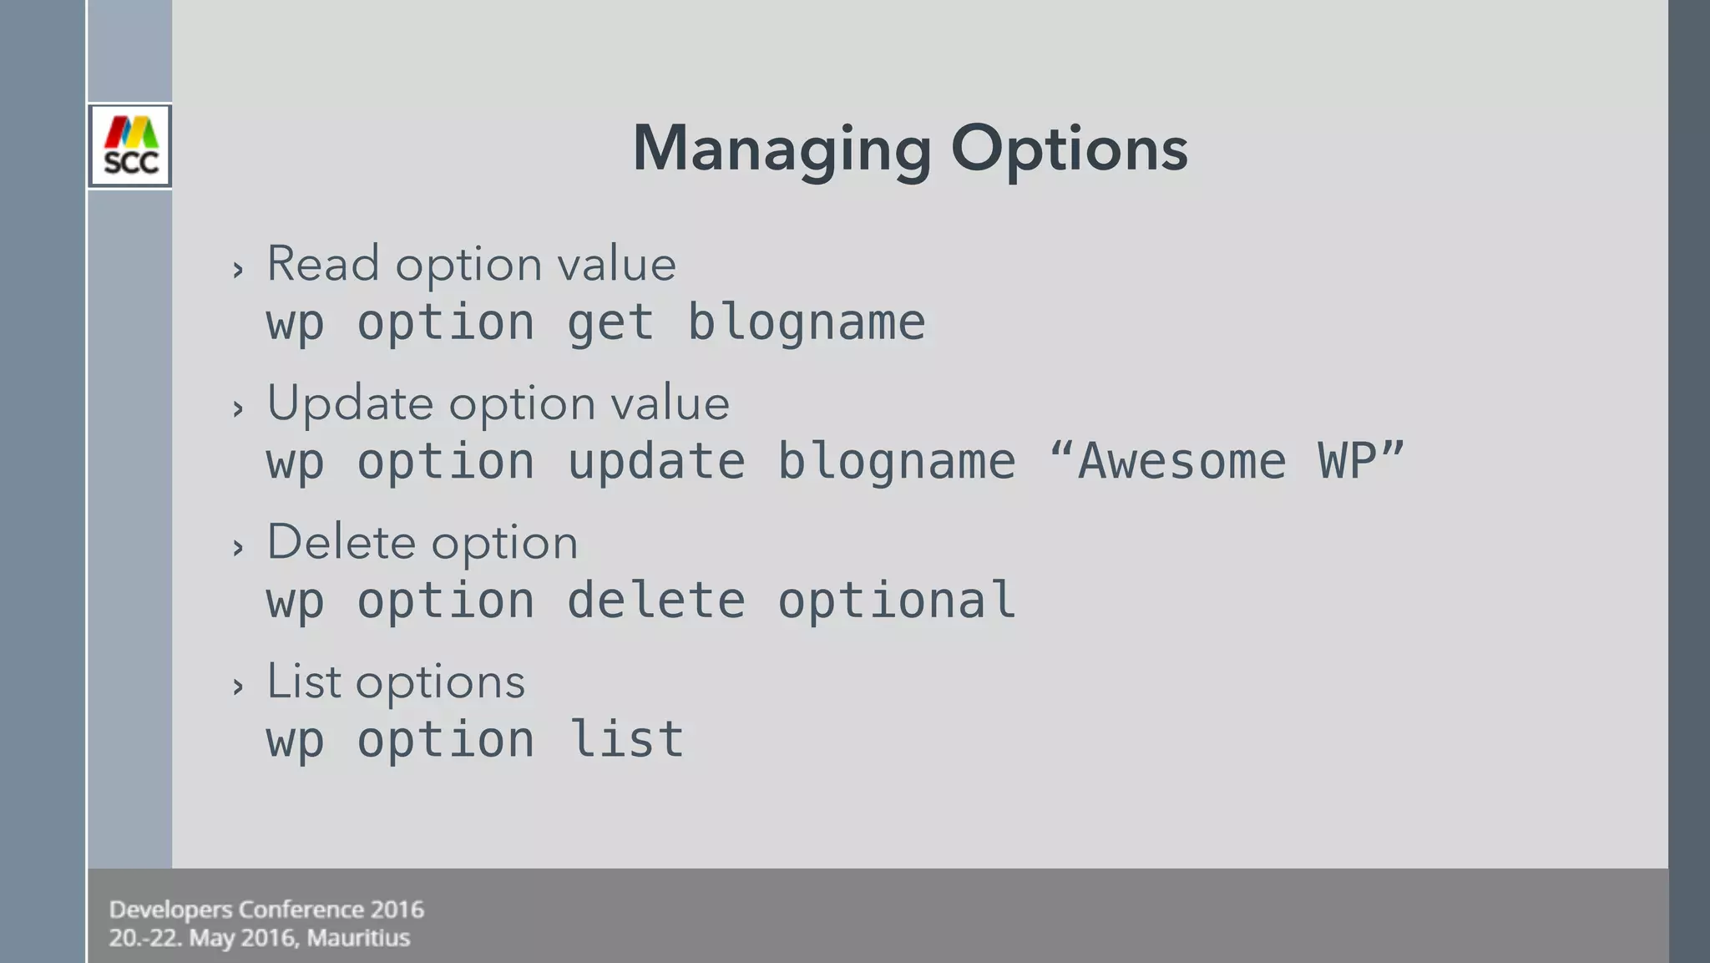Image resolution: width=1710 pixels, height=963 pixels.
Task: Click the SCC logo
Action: click(130, 146)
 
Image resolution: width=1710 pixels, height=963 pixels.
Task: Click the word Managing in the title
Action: click(782, 149)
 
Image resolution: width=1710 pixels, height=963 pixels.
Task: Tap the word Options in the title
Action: click(1069, 149)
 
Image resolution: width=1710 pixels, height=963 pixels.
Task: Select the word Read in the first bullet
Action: click(322, 264)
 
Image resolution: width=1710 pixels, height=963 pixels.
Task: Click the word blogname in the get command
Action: click(806, 322)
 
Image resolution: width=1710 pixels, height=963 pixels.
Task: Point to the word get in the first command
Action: click(610, 322)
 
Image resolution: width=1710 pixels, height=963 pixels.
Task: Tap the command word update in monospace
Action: click(656, 461)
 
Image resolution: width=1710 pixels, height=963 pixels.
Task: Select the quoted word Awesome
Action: click(1181, 461)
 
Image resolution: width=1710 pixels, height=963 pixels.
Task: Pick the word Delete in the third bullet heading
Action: click(341, 543)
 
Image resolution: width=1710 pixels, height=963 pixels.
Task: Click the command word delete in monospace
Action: click(656, 601)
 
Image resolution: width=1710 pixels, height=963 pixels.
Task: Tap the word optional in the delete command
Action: click(897, 601)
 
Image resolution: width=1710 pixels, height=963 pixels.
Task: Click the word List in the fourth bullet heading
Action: click(304, 682)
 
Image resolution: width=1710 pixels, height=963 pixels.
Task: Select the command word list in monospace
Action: click(626, 739)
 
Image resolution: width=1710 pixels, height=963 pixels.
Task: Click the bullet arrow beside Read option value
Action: click(239, 270)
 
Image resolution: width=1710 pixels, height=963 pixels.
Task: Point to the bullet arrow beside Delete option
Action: click(239, 548)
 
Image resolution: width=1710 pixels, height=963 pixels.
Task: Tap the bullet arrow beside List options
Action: click(239, 687)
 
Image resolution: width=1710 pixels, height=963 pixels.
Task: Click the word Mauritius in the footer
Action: click(358, 938)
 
